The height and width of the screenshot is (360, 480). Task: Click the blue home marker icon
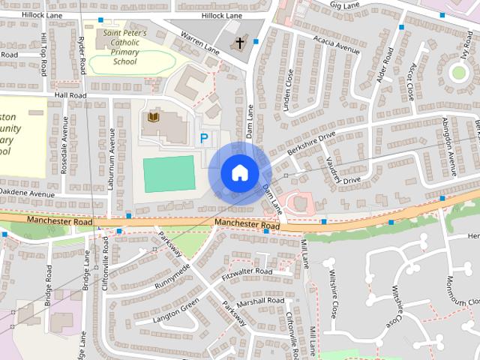click(239, 172)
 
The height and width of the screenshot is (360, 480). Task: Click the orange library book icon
click(154, 117)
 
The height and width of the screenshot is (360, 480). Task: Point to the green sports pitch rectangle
click(169, 172)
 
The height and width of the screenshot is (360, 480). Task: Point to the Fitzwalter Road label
click(247, 271)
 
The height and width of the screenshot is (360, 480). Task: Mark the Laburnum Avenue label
click(111, 151)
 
